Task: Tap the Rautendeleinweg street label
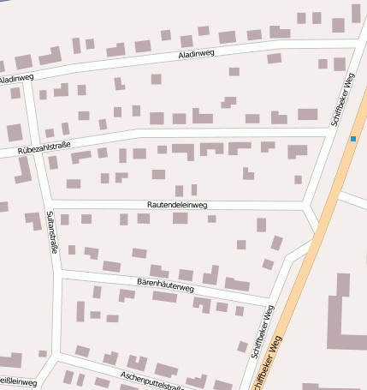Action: click(x=177, y=205)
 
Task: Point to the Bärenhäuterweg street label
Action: click(x=166, y=284)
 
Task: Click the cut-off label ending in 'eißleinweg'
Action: click(x=18, y=381)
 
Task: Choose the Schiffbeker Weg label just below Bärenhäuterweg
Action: click(x=263, y=331)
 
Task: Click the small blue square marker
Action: click(x=352, y=138)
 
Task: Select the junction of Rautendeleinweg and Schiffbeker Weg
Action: click(x=306, y=208)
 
